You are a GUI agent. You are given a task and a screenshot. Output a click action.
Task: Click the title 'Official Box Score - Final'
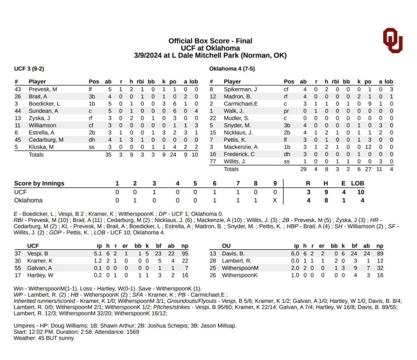pyautogui.click(x=210, y=39)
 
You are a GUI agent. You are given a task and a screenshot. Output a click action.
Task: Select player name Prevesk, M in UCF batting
pyautogui.click(x=43, y=89)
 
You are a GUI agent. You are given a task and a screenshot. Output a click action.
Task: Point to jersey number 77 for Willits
pyautogui.click(x=212, y=161)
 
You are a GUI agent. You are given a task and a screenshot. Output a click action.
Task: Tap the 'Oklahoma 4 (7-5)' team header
pyautogui.click(x=232, y=68)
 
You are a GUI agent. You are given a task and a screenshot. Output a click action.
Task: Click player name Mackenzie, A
pyautogui.click(x=241, y=147)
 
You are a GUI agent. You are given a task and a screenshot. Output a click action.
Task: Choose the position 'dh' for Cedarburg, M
pyautogui.click(x=93, y=140)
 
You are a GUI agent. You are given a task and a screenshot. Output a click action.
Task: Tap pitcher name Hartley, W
pyautogui.click(x=41, y=276)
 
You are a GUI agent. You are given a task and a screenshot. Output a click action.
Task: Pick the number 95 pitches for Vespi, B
pyautogui.click(x=185, y=253)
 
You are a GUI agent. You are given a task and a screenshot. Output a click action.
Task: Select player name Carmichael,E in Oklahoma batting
pyautogui.click(x=241, y=104)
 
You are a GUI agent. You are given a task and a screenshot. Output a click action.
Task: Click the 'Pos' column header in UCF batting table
pyautogui.click(x=94, y=82)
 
